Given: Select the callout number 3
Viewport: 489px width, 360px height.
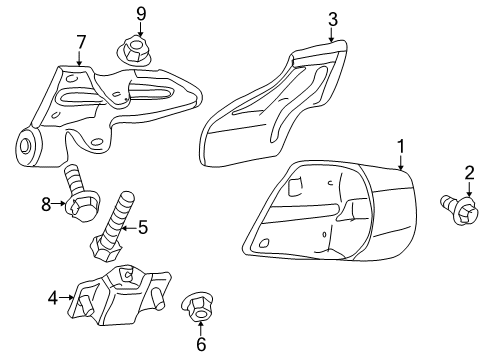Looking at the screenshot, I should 333,18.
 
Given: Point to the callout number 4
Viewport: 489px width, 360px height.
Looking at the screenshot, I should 53,296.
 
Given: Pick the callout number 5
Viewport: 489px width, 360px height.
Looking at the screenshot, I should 142,228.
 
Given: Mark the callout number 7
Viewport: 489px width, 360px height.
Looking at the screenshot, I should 80,42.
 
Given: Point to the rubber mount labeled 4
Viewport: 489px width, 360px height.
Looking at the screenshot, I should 115,293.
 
